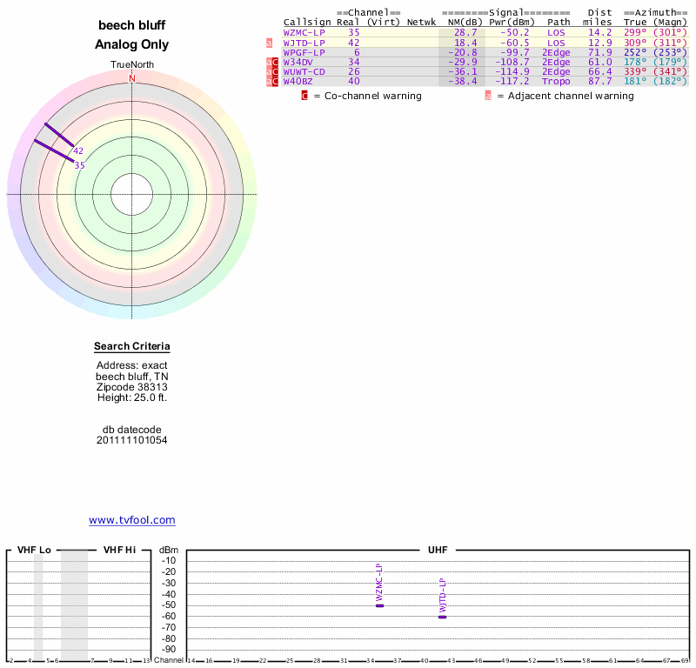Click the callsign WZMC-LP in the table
click(304, 32)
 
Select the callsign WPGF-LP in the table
click(304, 52)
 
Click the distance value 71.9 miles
click(599, 52)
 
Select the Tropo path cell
click(556, 81)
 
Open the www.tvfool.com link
click(132, 520)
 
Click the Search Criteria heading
click(132, 346)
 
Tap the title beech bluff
click(131, 25)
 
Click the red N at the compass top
click(132, 77)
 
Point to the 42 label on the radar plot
click(78, 150)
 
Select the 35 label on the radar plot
click(79, 165)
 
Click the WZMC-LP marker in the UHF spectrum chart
click(379, 605)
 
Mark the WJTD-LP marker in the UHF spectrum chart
click(442, 616)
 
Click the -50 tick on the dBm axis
click(169, 605)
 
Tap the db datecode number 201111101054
click(132, 440)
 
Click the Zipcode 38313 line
click(132, 386)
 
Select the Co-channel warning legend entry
click(365, 96)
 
